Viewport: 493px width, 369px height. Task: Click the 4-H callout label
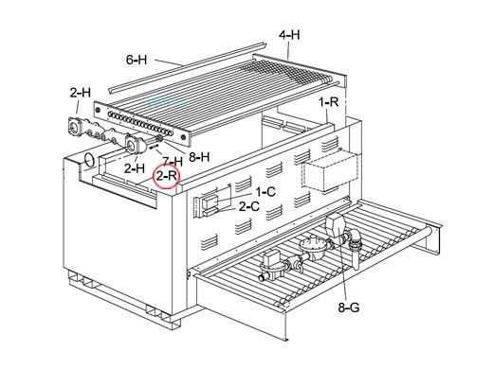click(x=289, y=35)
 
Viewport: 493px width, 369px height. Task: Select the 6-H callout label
click(x=137, y=60)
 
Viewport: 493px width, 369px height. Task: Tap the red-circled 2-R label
click(x=166, y=176)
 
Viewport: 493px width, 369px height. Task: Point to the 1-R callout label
click(x=329, y=102)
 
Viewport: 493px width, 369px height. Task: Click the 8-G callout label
click(x=349, y=307)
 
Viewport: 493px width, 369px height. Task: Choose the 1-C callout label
click(x=265, y=191)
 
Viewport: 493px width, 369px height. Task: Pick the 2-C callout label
click(x=249, y=206)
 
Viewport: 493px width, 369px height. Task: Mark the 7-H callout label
click(x=173, y=162)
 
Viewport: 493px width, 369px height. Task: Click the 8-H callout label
click(x=199, y=157)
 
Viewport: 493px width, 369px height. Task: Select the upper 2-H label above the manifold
click(x=81, y=93)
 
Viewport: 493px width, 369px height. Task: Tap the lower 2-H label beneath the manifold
click(x=135, y=168)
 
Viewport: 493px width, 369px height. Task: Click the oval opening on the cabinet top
click(x=89, y=160)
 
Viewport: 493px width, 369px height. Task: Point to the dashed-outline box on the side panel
click(x=330, y=171)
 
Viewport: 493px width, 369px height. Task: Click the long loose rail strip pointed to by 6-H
click(x=187, y=68)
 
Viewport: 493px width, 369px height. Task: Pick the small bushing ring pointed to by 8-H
click(x=159, y=139)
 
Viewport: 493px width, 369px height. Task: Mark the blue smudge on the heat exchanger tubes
click(x=167, y=101)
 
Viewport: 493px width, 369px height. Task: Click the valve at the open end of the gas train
click(x=269, y=265)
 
